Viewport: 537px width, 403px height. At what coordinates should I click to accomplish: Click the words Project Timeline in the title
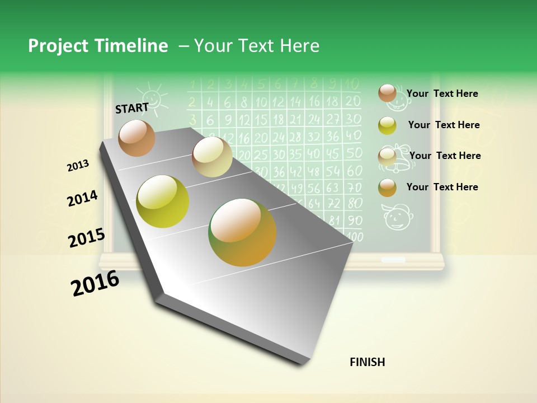(x=98, y=46)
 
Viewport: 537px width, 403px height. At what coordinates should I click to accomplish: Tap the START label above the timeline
(x=132, y=108)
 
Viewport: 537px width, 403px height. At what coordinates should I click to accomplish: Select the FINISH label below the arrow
(x=368, y=362)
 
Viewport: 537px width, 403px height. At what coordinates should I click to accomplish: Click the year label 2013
(x=78, y=166)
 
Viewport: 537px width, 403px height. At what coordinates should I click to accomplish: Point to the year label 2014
(x=82, y=198)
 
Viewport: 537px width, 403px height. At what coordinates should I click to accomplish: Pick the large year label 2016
(x=95, y=283)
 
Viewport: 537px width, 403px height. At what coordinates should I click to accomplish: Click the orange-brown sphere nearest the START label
(x=136, y=138)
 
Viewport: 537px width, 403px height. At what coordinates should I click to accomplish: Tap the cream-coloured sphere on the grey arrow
(x=212, y=157)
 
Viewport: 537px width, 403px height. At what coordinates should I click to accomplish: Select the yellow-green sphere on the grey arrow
(x=163, y=201)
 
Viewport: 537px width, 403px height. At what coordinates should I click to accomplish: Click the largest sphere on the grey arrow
(x=242, y=232)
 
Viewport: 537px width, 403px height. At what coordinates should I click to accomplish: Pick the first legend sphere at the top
(x=387, y=93)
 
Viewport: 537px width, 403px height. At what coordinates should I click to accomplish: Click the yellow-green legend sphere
(x=387, y=125)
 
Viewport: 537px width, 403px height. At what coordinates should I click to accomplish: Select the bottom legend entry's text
(x=442, y=187)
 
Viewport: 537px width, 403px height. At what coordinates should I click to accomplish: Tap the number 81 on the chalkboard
(x=334, y=221)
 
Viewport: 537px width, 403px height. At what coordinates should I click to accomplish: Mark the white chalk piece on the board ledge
(x=393, y=260)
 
